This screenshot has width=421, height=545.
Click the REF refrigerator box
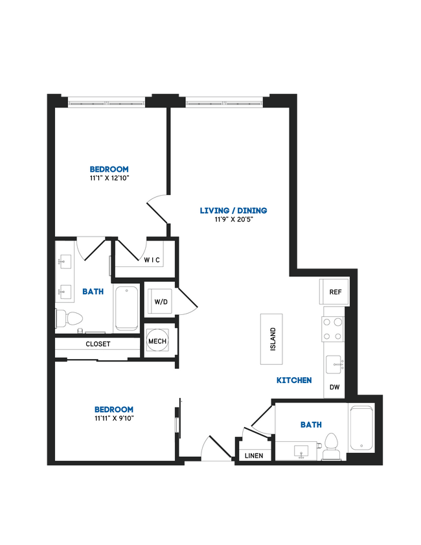tap(335, 292)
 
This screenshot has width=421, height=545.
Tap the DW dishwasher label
tap(335, 388)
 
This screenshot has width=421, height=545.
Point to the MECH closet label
tap(157, 341)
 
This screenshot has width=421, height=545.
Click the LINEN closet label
tap(254, 456)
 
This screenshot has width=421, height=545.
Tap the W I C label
tap(152, 260)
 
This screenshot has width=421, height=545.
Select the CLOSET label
tap(98, 344)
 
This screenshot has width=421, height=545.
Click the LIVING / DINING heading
tap(233, 210)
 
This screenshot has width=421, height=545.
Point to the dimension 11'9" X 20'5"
tap(233, 220)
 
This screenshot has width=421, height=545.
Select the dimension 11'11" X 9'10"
tap(114, 418)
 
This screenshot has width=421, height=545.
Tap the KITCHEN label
tap(294, 380)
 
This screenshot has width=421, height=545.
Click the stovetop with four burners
tap(333, 328)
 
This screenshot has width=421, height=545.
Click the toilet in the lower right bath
tap(332, 446)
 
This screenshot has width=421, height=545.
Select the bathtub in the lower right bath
tap(361, 428)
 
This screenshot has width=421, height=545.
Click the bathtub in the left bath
tap(126, 308)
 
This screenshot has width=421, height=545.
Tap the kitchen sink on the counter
tap(334, 365)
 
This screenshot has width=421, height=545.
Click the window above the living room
tap(224, 101)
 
